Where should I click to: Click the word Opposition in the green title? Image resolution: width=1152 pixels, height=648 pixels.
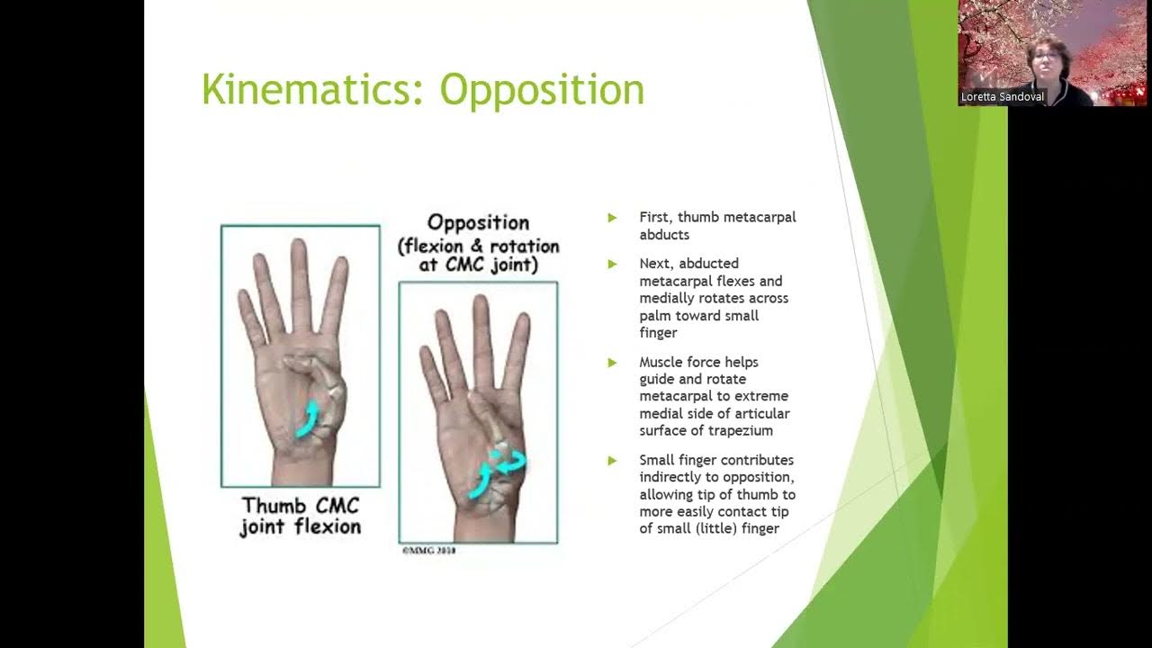(542, 90)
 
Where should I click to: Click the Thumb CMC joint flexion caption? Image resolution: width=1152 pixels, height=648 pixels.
(301, 516)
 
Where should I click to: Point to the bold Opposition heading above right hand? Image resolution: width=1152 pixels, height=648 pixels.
(478, 222)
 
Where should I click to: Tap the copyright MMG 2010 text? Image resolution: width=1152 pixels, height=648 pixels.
(428, 550)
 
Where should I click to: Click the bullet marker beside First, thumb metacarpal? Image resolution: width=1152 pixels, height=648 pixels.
(612, 217)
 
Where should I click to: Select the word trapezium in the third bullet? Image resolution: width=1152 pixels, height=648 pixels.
(741, 431)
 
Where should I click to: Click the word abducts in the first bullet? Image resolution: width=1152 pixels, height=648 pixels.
(664, 234)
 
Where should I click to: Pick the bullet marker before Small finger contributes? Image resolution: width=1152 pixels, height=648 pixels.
(612, 460)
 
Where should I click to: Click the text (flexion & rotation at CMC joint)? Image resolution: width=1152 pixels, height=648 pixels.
(478, 256)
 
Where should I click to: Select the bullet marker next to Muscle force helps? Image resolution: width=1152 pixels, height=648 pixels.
(612, 362)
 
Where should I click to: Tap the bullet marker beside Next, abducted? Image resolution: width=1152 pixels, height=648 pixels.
(612, 264)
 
